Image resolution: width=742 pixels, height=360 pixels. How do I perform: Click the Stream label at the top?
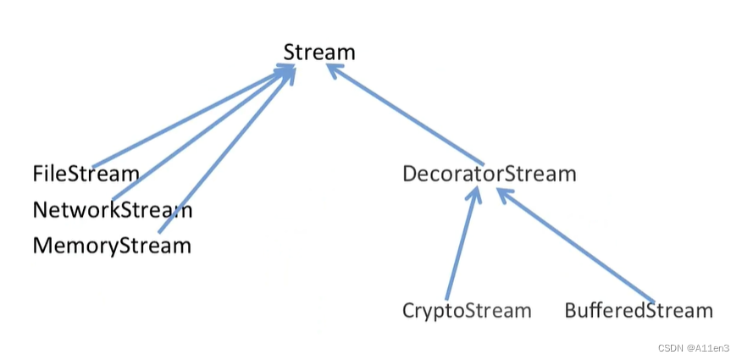click(319, 53)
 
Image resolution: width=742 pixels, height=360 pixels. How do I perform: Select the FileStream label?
click(86, 174)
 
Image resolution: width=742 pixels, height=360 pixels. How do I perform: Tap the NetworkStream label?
click(113, 209)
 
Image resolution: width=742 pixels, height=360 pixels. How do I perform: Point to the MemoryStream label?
click(112, 246)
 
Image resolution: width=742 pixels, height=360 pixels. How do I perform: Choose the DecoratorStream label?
click(490, 174)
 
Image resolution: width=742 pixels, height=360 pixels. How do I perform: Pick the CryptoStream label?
click(467, 311)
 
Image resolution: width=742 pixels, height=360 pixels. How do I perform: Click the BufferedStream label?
click(639, 311)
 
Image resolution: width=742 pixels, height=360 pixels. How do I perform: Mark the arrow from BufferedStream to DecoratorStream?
click(576, 245)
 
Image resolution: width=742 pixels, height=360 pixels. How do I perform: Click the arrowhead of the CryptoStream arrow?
click(475, 194)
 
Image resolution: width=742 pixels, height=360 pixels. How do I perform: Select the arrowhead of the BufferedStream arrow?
click(502, 194)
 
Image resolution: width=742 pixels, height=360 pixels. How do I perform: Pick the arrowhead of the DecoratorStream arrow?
click(333, 72)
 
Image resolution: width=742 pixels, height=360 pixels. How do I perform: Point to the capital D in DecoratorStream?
click(411, 174)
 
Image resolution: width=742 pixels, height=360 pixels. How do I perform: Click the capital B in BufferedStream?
click(572, 311)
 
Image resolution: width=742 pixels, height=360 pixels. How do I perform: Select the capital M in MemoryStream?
click(42, 246)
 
